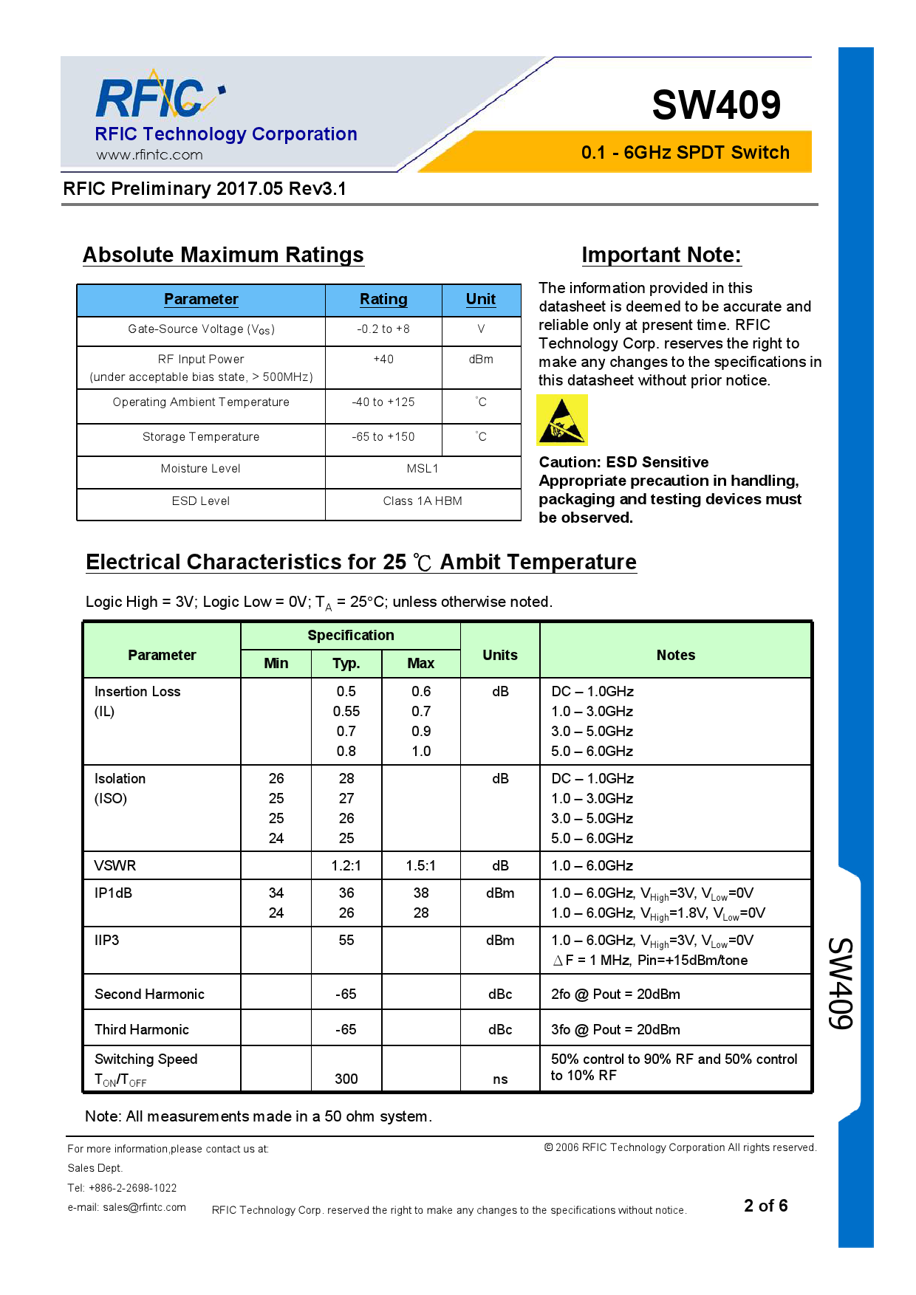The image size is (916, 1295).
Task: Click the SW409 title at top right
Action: (716, 105)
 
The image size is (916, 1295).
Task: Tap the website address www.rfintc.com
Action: (149, 155)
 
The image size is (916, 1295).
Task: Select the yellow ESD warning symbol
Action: (561, 420)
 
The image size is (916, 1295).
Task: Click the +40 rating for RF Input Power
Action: (383, 360)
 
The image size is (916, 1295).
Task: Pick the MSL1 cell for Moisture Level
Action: (423, 469)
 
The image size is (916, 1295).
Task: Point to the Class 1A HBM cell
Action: (423, 501)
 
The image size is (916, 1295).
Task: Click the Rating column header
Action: (383, 299)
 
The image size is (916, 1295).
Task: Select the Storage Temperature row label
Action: (201, 437)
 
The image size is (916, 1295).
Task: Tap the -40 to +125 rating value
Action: (383, 402)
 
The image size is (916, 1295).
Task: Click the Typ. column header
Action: (346, 663)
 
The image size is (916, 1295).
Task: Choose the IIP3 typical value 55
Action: (346, 940)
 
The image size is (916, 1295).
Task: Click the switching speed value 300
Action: (346, 1079)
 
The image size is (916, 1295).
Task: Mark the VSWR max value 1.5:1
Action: (421, 865)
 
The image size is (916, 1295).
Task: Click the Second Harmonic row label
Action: (149, 994)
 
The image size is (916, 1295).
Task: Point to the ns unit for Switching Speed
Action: (500, 1079)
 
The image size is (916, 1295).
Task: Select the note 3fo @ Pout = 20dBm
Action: (615, 1029)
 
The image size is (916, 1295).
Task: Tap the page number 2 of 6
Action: (765, 1206)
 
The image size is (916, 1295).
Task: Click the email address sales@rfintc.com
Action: (144, 1207)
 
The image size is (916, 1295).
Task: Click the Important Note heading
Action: (661, 255)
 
